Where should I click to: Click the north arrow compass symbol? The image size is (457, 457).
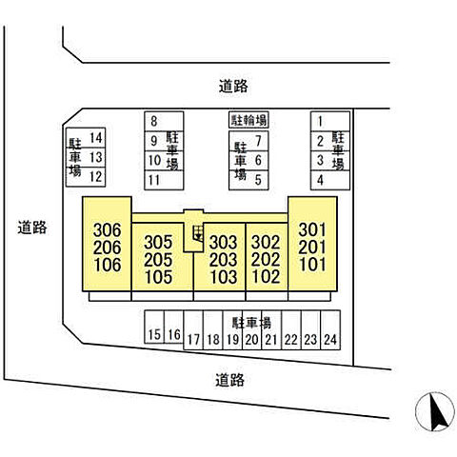434,411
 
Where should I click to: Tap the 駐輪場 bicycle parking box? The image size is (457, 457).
248,120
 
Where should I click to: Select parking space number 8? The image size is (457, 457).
164,121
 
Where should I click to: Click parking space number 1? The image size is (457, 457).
330,121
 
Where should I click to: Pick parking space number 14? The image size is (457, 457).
86,138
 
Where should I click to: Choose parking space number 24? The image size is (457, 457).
330,330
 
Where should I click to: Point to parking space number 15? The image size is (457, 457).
154,327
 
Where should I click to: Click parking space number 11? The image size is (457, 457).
164,180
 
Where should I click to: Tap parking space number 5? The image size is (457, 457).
248,180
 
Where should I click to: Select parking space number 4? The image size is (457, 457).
330,180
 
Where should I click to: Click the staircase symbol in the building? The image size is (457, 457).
198,233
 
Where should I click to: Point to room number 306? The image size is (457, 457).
108,230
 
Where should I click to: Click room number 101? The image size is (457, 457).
312,265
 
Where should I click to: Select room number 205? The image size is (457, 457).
158,260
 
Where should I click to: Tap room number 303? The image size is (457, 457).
223,243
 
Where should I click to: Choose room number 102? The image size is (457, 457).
266,277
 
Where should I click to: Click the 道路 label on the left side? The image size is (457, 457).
32,228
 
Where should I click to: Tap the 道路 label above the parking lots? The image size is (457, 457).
233,86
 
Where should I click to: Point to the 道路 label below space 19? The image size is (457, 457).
229,380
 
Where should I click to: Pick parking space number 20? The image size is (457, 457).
252,330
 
